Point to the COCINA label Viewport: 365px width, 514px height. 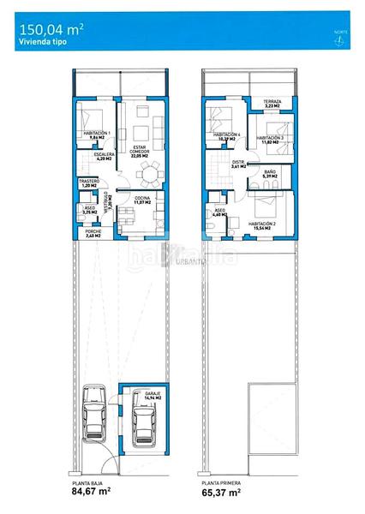point(141,201)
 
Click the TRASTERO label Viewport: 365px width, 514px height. point(89,183)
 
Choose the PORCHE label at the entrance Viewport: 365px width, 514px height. point(93,234)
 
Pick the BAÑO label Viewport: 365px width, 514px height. point(270,176)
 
